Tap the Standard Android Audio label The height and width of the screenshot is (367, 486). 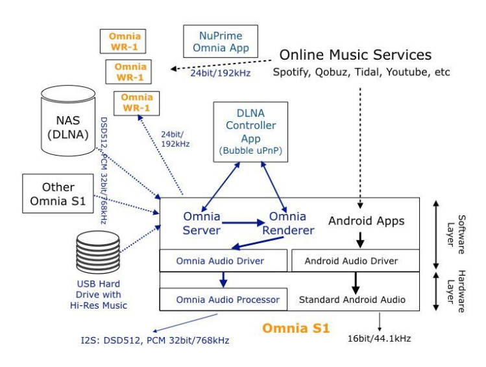point(352,300)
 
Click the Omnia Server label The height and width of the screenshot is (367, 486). point(202,222)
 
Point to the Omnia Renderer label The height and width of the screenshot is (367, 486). point(292,222)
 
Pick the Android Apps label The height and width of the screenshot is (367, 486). point(366,221)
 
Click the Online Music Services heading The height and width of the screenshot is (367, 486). point(356,54)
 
